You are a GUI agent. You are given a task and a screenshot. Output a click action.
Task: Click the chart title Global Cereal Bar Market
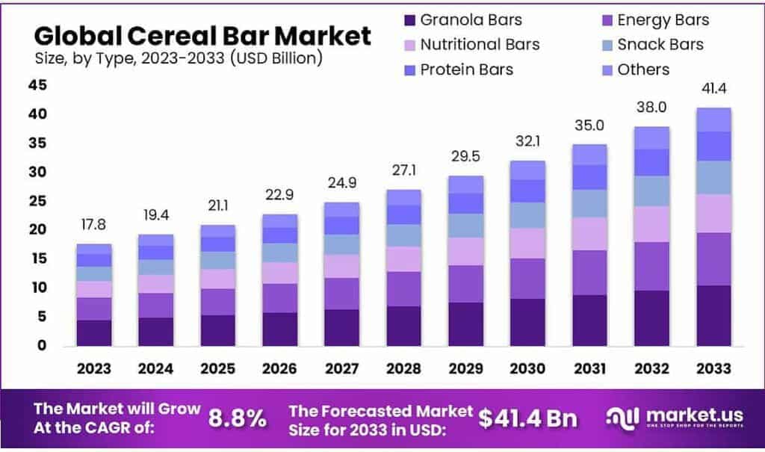[x=202, y=35]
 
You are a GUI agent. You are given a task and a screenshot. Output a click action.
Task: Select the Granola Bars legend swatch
[x=409, y=20]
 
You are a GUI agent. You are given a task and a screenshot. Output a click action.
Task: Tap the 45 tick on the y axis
[x=38, y=85]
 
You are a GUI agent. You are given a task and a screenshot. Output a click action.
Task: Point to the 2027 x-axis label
[x=341, y=368]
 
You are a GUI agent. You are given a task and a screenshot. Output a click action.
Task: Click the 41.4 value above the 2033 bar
[x=714, y=90]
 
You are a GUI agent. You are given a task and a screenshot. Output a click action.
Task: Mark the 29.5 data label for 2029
[x=466, y=158]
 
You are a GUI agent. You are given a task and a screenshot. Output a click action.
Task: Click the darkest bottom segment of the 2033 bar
[x=714, y=315]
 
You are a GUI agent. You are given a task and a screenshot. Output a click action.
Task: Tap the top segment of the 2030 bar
[x=528, y=170]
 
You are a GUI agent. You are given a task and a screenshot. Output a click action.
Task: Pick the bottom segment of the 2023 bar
[x=94, y=332]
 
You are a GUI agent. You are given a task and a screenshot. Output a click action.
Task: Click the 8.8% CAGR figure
[x=237, y=418]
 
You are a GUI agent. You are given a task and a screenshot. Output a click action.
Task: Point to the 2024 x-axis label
[x=156, y=368]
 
